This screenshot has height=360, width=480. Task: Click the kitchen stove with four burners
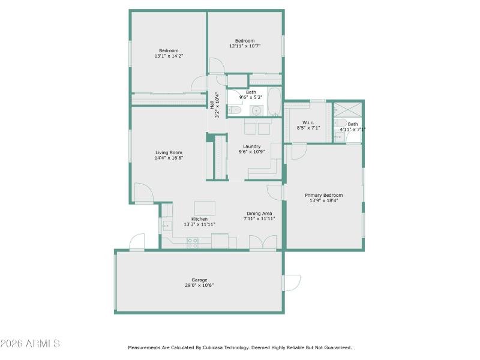193,243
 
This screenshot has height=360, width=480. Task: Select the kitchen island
205,208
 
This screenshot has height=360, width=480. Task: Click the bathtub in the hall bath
274,102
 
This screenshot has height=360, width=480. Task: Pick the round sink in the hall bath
256,110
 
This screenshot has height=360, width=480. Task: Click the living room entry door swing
143,193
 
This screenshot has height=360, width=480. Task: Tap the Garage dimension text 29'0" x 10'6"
199,286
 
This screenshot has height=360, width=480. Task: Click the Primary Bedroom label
323,195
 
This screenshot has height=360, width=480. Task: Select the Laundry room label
251,146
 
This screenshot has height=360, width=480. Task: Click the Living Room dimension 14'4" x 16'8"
169,158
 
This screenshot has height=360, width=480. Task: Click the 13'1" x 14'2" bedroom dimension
169,56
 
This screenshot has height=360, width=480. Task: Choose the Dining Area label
259,214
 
